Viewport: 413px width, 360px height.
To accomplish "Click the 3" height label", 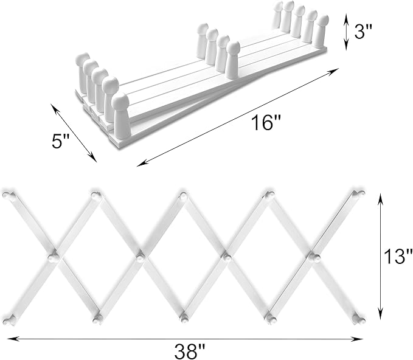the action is click(363, 32).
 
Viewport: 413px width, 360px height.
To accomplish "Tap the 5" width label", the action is click(60, 141).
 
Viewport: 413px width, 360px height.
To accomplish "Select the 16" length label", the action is click(266, 123).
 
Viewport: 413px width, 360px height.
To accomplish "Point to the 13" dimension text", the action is click(398, 256).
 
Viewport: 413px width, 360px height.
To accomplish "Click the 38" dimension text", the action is click(190, 350).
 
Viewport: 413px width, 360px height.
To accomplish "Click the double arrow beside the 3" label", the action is click(347, 32).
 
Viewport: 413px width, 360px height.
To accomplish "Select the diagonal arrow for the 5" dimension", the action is click(74, 133).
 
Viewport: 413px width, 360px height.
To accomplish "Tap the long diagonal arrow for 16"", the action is click(238, 117).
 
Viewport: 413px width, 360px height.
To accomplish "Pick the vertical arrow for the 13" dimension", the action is click(380, 256).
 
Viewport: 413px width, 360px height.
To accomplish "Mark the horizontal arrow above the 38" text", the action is click(185, 339).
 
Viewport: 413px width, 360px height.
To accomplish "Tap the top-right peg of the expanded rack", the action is click(359, 193).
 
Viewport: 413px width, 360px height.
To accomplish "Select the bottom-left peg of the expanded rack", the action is click(8, 320).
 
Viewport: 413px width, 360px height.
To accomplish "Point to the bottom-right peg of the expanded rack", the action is click(360, 319).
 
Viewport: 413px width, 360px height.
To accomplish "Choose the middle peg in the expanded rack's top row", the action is click(183, 196).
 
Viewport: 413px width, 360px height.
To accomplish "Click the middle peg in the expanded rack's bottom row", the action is click(185, 319).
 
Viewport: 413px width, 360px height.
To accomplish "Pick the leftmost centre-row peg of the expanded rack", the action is click(54, 257).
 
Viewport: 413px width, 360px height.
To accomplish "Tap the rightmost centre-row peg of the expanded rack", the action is click(313, 257).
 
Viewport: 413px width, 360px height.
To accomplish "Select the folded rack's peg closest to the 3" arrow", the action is click(321, 32).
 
